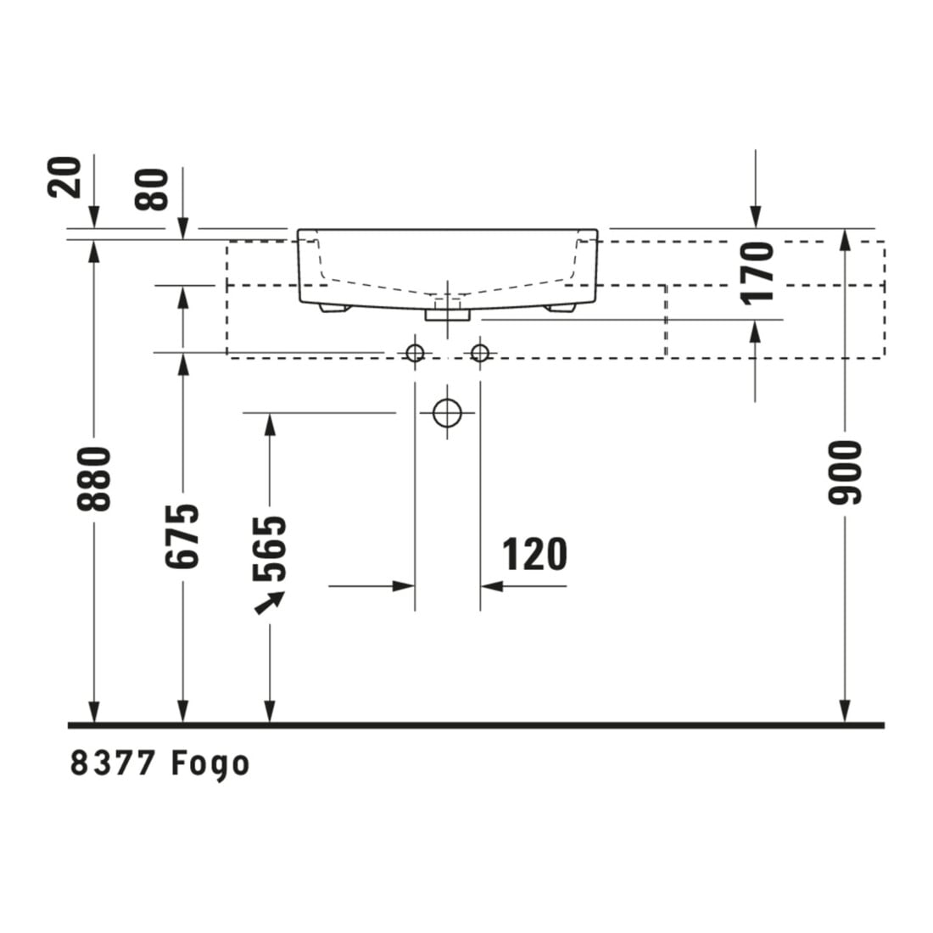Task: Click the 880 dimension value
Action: point(94,478)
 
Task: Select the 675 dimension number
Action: point(182,535)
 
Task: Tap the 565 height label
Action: point(270,549)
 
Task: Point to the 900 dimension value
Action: point(845,472)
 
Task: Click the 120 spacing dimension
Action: point(534,555)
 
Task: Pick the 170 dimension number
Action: point(757,272)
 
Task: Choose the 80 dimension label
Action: point(152,189)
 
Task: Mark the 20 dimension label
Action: point(64,176)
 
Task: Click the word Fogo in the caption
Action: point(210,764)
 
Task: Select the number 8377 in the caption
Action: point(113,763)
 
